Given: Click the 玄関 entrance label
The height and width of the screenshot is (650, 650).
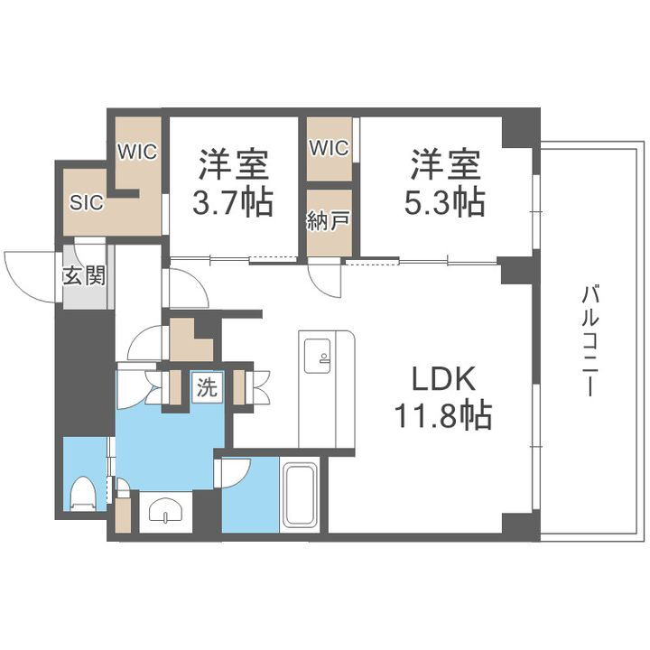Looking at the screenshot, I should coord(84,275).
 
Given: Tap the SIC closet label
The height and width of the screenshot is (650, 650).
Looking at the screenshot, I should coord(87,202).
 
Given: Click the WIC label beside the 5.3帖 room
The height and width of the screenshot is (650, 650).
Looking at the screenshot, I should coord(328,149).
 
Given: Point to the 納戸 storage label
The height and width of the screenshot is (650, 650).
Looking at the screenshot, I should coord(328,222).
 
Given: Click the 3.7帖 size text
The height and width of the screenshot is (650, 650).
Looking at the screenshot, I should coord(234,202).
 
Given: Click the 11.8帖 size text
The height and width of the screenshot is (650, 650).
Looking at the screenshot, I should coord(441,416).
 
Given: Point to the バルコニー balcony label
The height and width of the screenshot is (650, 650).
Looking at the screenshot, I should coord(591,339).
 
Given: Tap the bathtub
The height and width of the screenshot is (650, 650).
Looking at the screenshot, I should coord(299,497).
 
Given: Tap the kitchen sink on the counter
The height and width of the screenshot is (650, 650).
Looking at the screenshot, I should coord(320,355).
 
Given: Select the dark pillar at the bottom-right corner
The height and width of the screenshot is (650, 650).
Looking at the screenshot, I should coord(519,524).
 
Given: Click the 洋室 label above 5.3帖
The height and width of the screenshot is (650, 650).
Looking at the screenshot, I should coord(446,165).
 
